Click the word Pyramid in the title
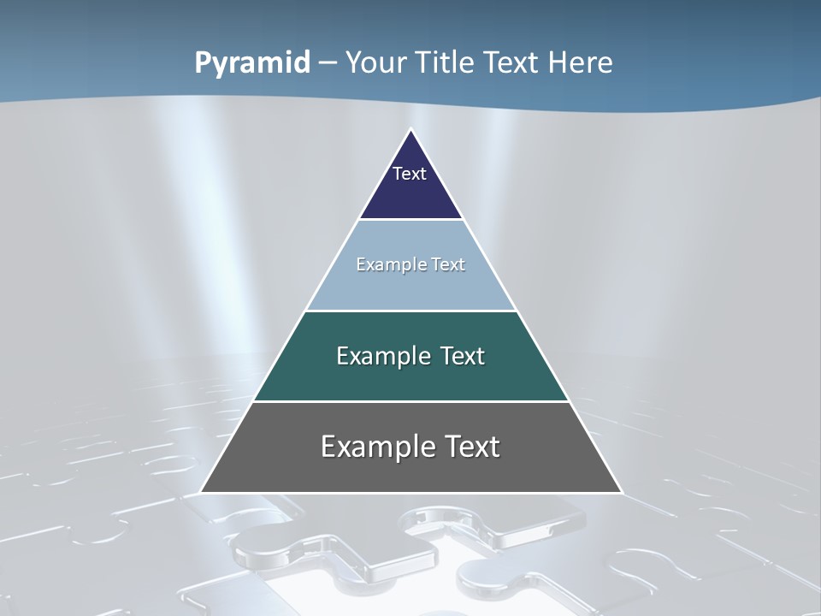coord(252,63)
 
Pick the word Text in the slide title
coord(514,63)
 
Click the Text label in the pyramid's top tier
coord(410,174)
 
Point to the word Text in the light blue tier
coord(446,265)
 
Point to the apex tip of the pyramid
coord(410,130)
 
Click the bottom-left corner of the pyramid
coord(202,492)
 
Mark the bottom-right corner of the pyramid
coord(621,492)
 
